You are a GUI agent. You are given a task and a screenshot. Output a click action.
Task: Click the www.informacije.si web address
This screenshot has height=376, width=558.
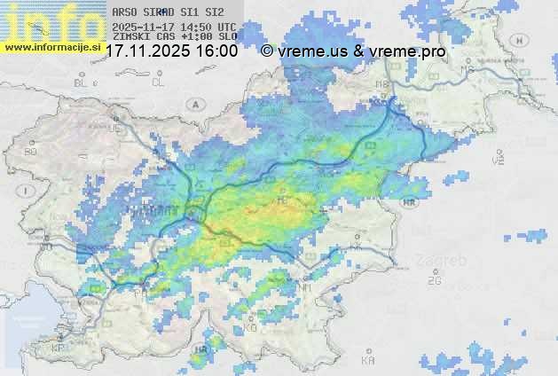(51, 47)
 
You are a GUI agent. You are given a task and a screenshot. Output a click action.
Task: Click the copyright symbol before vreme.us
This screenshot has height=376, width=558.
(267, 51)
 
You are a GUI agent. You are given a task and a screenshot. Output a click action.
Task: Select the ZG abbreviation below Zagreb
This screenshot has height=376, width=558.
(434, 281)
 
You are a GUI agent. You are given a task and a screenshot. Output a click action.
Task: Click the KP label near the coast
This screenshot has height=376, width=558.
(59, 349)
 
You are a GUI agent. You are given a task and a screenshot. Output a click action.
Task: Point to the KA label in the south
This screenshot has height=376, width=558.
(367, 361)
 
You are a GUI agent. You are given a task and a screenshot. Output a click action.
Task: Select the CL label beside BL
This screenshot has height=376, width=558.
(158, 82)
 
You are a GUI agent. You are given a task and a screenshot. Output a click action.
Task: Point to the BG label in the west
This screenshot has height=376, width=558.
(31, 152)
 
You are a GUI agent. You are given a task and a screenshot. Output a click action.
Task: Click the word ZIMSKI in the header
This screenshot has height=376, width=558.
(130, 38)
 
